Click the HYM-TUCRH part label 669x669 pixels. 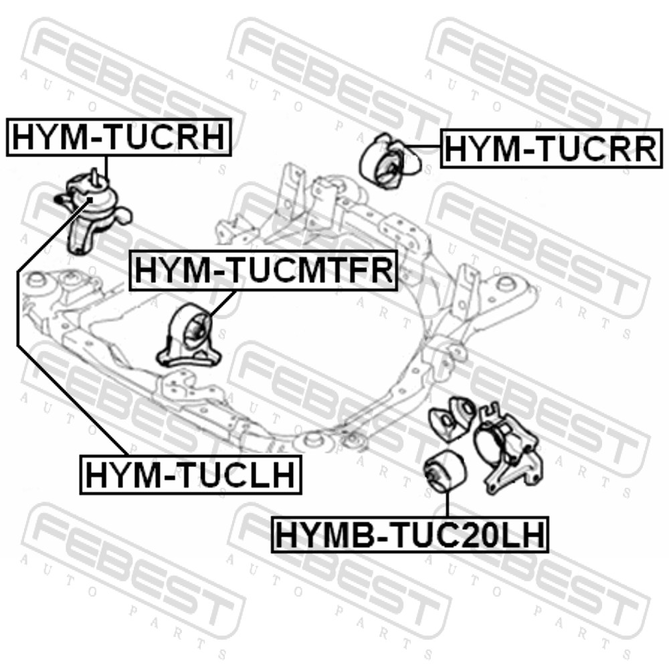(119, 137)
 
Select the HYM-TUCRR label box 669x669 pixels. (551, 149)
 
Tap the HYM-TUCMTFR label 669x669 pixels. (263, 270)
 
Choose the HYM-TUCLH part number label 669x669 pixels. (191, 474)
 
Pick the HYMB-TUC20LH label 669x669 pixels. (409, 535)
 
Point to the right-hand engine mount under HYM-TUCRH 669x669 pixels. (93, 211)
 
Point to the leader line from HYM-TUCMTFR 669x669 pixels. (222, 304)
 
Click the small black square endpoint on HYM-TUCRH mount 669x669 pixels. (90, 199)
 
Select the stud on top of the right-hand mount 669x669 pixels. (95, 175)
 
